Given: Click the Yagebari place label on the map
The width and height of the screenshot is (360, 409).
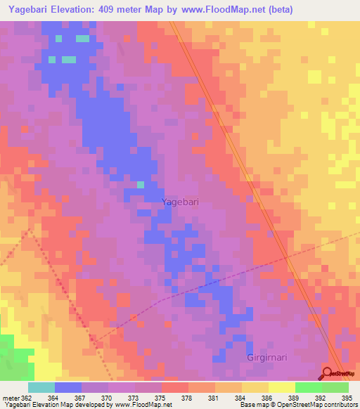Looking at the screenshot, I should coord(180,202).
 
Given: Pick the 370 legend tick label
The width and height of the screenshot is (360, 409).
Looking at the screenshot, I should coord(106,397).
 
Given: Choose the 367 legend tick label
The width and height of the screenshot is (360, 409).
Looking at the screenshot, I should coord(79,397).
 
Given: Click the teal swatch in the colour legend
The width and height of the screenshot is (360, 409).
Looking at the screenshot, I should coord(41,387).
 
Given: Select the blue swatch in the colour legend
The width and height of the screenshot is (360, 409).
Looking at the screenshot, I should coord(68,387).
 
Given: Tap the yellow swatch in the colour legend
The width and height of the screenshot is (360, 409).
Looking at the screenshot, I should coord(282,387).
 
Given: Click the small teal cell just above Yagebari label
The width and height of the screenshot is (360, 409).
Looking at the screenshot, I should coord(141,185).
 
